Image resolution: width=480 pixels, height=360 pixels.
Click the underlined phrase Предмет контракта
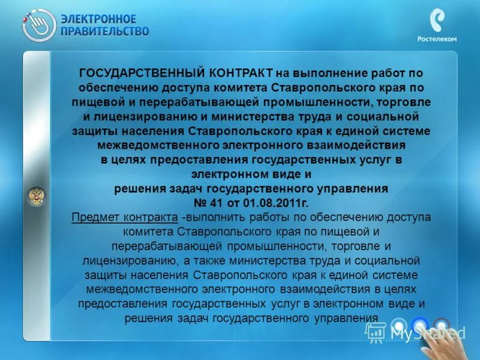[x=124, y=217]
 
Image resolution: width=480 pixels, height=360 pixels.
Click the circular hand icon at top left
[x=39, y=25]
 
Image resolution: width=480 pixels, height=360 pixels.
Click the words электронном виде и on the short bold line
[x=251, y=174]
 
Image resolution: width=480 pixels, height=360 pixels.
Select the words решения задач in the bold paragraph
[x=152, y=188]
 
